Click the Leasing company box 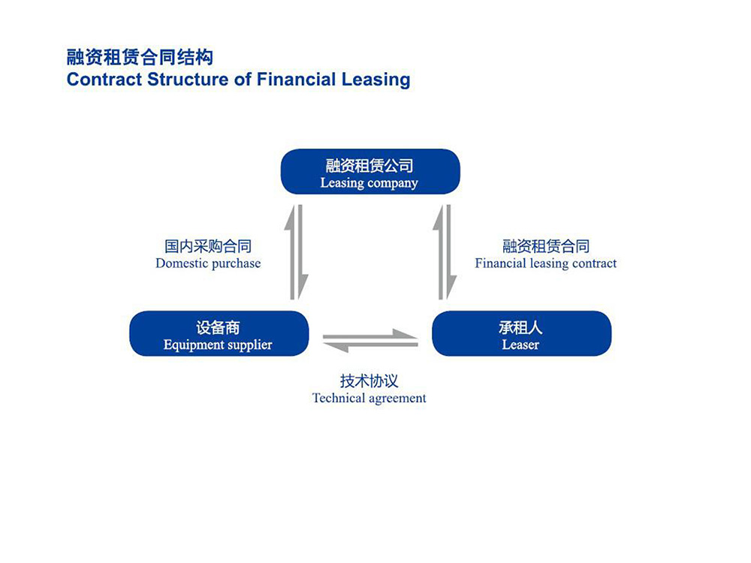(x=370, y=171)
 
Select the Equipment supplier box (x=219, y=333)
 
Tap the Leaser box (x=522, y=333)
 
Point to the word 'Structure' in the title (x=189, y=80)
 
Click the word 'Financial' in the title (x=296, y=80)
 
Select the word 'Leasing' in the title (x=376, y=80)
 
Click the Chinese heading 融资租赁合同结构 (x=140, y=58)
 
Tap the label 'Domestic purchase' (x=208, y=263)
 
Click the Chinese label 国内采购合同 (x=208, y=246)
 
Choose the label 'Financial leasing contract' (x=545, y=263)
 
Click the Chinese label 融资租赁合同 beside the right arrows (x=545, y=246)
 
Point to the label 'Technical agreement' (x=369, y=399)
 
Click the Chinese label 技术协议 (x=369, y=381)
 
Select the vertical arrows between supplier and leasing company (x=297, y=252)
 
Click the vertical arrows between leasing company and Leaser (x=445, y=252)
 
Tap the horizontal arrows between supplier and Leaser (x=370, y=341)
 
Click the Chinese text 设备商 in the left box (x=218, y=327)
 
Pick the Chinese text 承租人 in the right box (x=520, y=327)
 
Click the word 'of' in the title (x=243, y=80)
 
